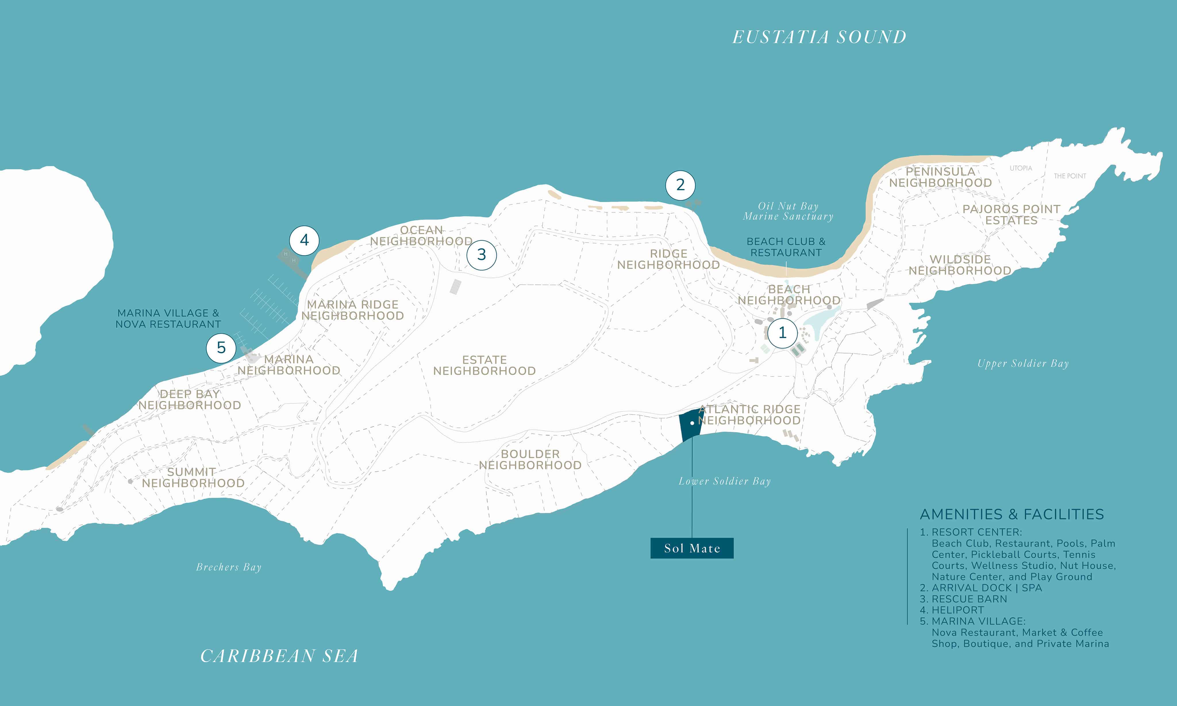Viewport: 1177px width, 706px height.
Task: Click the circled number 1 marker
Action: click(782, 332)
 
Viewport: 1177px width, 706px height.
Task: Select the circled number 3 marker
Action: click(481, 255)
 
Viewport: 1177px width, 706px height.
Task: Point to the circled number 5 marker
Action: click(221, 348)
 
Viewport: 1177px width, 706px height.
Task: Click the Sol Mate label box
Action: click(692, 548)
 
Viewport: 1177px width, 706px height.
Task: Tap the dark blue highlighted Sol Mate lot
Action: click(691, 425)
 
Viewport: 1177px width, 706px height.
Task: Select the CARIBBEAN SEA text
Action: click(279, 656)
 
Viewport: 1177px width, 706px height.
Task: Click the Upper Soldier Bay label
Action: click(1023, 363)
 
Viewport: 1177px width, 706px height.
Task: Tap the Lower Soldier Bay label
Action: click(725, 481)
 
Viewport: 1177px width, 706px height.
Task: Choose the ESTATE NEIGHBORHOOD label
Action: click(484, 365)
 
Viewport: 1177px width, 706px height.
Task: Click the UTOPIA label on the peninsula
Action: click(1021, 168)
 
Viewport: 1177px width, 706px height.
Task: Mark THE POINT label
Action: click(1070, 176)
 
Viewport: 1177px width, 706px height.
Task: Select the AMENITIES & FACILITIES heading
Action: click(1012, 514)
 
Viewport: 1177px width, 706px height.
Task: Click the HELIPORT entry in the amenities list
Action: click(957, 610)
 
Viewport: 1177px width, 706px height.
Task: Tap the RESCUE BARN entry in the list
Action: click(969, 599)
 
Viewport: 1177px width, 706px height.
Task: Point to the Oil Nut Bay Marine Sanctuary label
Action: click(788, 211)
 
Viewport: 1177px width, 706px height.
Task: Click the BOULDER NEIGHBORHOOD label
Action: click(530, 459)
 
